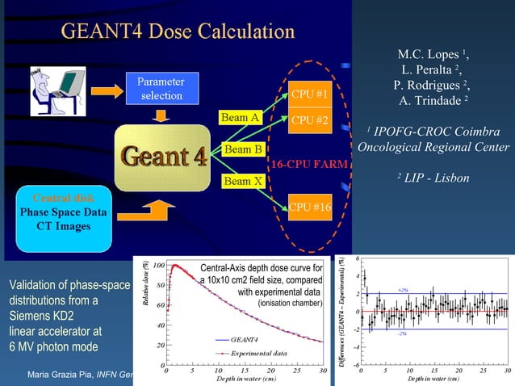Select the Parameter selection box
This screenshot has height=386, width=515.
pyautogui.click(x=160, y=89)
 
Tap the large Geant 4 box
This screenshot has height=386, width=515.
pyautogui.click(x=164, y=157)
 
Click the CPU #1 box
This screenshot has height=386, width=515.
pyautogui.click(x=309, y=95)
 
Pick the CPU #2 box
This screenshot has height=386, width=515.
pyautogui.click(x=309, y=121)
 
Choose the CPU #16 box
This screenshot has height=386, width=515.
pyautogui.click(x=311, y=208)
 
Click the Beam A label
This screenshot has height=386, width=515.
pyautogui.click(x=241, y=118)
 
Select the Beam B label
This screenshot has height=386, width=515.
pyautogui.click(x=242, y=150)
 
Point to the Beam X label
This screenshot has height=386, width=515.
pyautogui.click(x=242, y=181)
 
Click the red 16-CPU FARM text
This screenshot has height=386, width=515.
pyautogui.click(x=309, y=164)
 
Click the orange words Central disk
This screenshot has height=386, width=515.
pyautogui.click(x=63, y=198)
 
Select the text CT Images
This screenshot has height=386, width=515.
pyautogui.click(x=63, y=226)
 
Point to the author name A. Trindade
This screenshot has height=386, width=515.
pyautogui.click(x=433, y=100)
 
